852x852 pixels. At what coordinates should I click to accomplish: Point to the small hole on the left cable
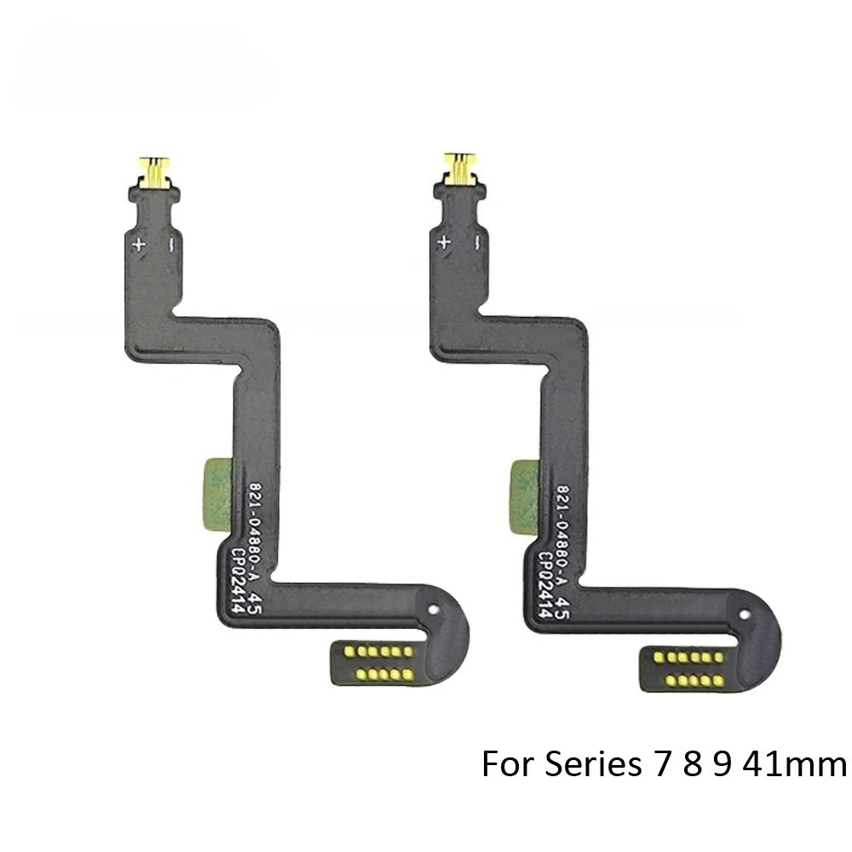(435, 611)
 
